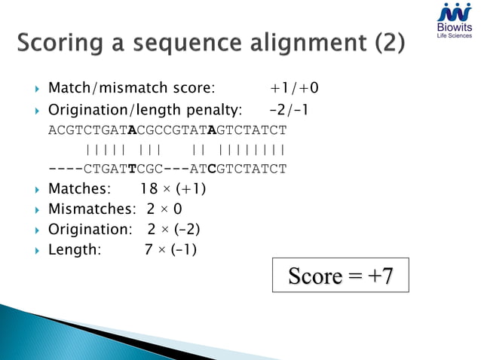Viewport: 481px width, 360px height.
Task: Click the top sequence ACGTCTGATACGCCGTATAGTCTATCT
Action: coord(167,130)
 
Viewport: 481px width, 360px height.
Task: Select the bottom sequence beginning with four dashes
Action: coord(167,168)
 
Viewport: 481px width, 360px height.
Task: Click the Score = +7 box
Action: coord(341,276)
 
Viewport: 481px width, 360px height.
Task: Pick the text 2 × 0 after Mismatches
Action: coord(165,209)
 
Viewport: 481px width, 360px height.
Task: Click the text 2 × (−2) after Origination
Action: coord(174,229)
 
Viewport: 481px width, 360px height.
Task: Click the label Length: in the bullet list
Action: coord(74,249)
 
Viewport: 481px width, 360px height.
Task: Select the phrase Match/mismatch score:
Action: coord(132,89)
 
